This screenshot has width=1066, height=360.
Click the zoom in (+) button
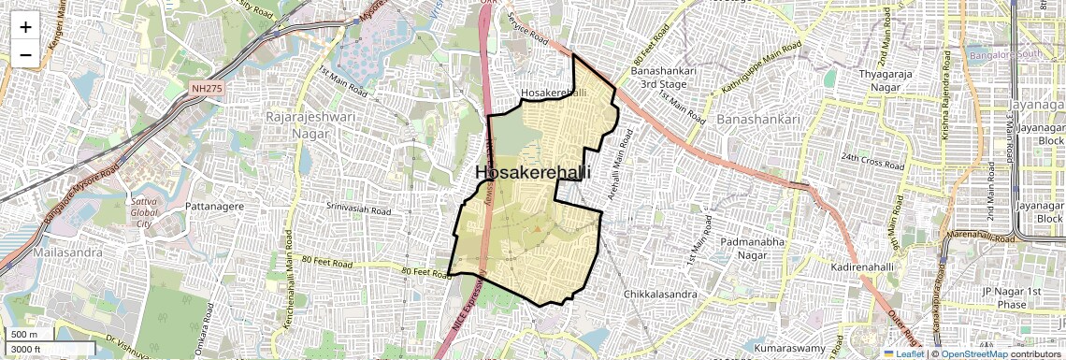click(25, 26)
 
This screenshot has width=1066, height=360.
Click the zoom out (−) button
click(25, 54)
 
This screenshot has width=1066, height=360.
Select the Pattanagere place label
click(214, 205)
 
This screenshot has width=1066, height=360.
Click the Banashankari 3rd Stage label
click(659, 78)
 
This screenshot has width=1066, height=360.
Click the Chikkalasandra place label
click(660, 295)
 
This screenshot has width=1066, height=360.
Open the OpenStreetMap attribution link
click(973, 353)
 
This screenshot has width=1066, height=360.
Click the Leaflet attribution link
click(903, 353)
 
